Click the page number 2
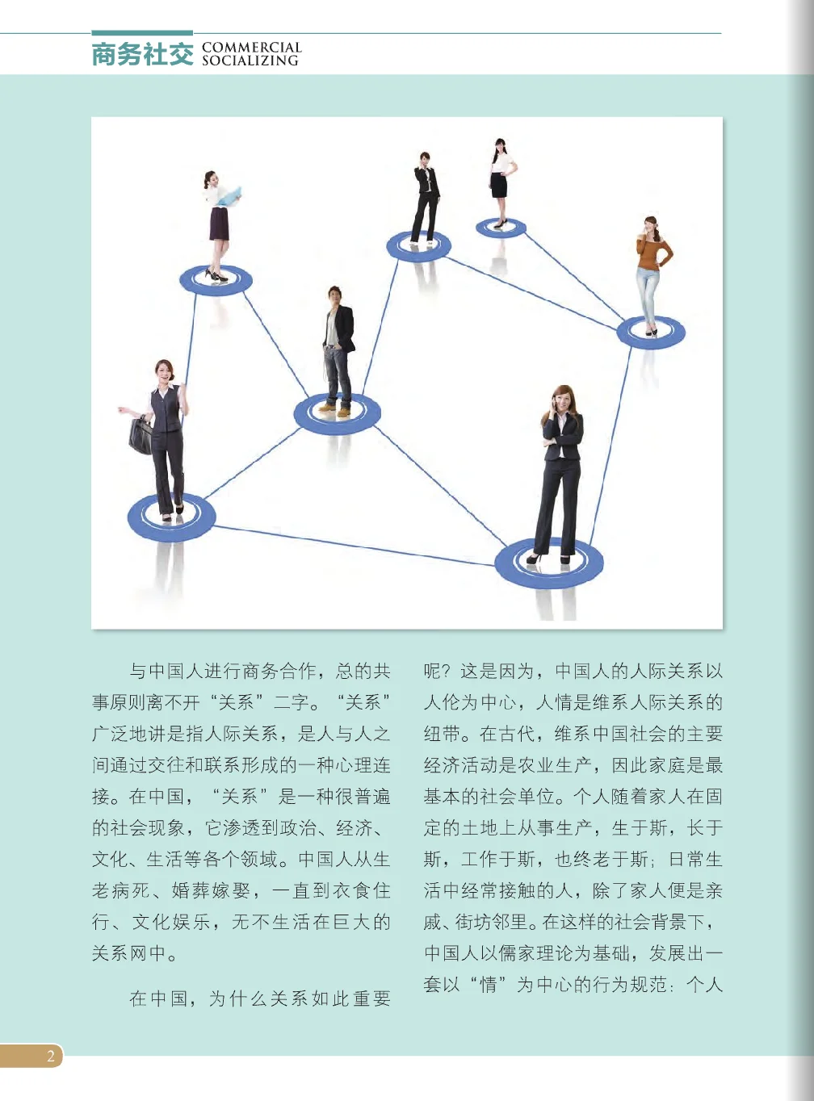click(51, 1056)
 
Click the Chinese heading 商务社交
click(142, 54)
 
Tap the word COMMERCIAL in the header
click(251, 48)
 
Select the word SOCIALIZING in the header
click(250, 61)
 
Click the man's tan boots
click(335, 408)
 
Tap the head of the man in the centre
click(335, 295)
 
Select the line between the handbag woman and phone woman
click(355, 546)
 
